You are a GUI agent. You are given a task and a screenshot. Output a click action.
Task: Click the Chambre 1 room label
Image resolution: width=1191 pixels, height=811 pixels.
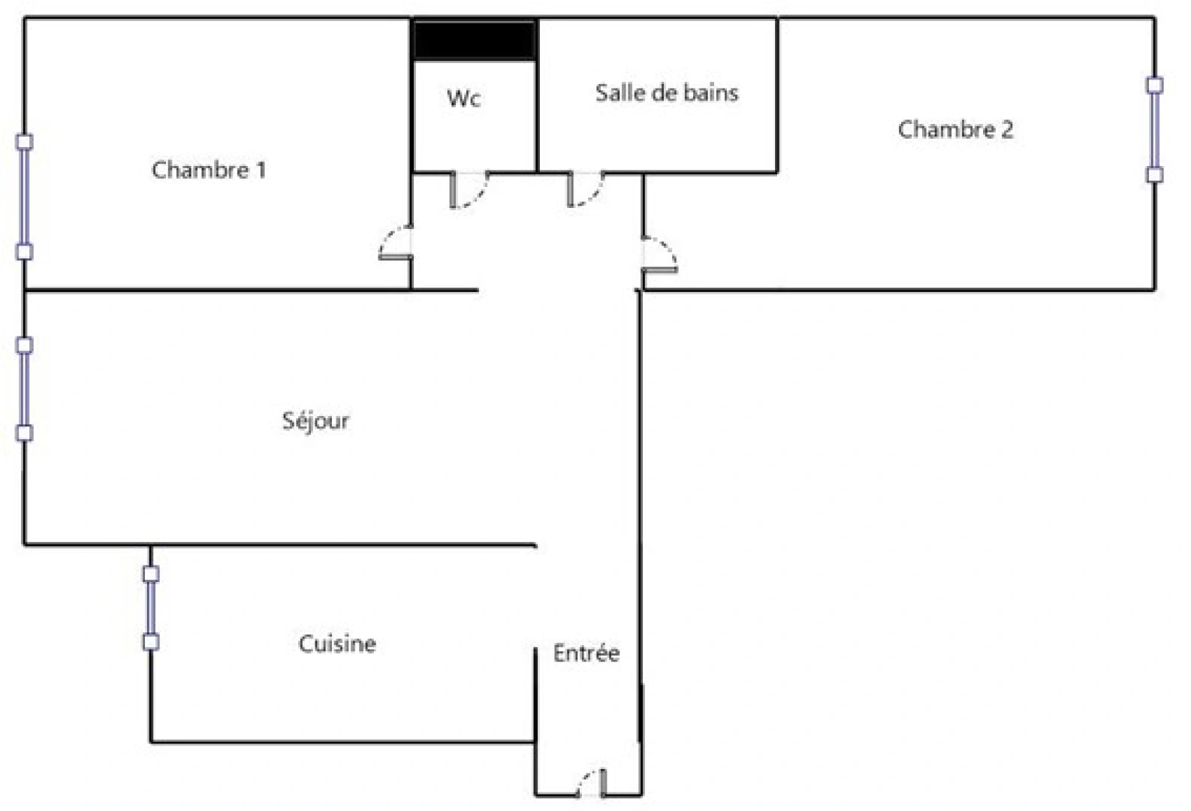click(x=208, y=170)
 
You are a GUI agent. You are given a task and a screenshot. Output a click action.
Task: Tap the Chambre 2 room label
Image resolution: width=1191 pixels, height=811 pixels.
click(x=955, y=130)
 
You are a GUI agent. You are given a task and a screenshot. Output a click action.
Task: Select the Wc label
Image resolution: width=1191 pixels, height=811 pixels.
click(x=463, y=98)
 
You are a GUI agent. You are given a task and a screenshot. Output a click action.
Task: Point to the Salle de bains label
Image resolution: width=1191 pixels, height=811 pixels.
click(x=666, y=93)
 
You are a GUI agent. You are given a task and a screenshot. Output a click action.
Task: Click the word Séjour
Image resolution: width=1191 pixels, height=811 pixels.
click(x=315, y=421)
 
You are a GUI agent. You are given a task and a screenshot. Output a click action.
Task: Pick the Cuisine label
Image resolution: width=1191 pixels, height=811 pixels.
click(x=337, y=644)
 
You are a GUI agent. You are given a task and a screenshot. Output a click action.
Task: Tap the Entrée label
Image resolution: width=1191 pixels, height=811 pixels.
click(x=586, y=653)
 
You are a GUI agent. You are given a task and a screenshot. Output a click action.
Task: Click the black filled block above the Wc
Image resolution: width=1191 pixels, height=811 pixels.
click(x=474, y=41)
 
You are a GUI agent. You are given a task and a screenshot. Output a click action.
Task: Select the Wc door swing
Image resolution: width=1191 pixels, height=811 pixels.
click(x=469, y=189)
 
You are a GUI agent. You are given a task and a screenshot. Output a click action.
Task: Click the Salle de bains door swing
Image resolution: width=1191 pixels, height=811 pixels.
click(x=586, y=189)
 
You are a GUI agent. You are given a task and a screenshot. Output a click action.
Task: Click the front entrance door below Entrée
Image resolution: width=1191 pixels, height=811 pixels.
click(x=592, y=782)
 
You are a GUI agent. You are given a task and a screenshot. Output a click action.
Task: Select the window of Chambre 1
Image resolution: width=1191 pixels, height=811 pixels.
click(x=25, y=197)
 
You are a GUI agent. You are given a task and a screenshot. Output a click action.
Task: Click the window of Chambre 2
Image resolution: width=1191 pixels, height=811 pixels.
click(x=1154, y=129)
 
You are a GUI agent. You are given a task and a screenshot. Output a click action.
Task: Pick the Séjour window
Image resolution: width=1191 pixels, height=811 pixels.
click(x=25, y=389)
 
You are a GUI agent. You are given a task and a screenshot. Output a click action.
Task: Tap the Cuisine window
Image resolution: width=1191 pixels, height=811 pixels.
click(x=151, y=607)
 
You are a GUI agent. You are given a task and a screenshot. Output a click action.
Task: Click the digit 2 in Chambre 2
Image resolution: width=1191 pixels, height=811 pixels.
click(x=1006, y=130)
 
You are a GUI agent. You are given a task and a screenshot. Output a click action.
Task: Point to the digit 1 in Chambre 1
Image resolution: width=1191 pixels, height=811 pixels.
click(x=261, y=170)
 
